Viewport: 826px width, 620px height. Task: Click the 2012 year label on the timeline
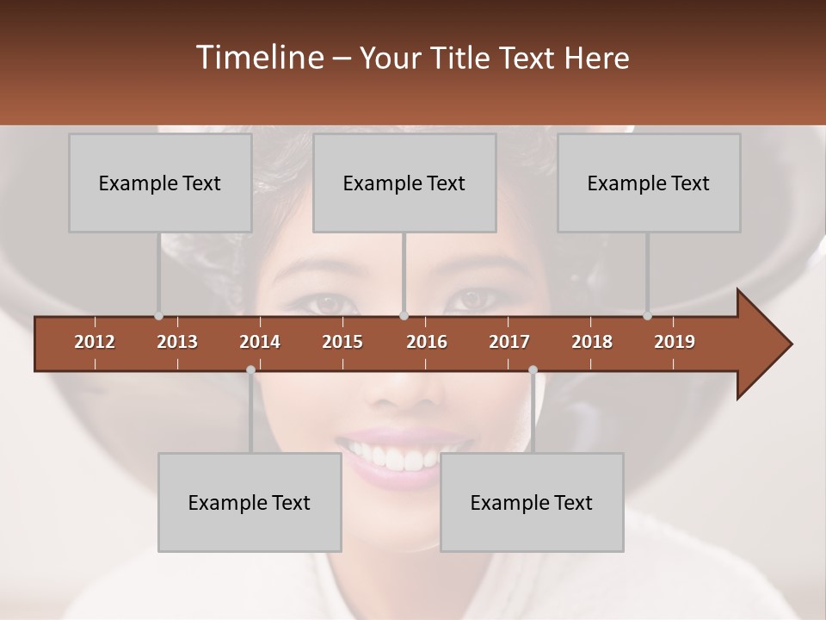[95, 342]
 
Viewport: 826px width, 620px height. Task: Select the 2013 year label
[177, 342]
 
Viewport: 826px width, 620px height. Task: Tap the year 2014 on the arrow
[260, 342]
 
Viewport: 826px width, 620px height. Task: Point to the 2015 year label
[342, 342]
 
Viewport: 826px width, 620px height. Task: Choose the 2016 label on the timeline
[427, 342]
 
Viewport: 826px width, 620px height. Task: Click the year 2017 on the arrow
[509, 342]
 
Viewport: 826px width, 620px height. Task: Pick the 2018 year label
[592, 342]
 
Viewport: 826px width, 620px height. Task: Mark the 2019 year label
[675, 342]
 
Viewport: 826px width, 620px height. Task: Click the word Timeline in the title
[258, 58]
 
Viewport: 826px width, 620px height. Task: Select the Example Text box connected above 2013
[160, 183]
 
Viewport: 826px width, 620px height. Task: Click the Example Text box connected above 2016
[404, 183]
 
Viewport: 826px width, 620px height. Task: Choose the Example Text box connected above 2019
[649, 183]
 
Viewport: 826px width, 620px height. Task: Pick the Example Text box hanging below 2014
[250, 502]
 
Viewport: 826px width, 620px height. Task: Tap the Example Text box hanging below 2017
[532, 502]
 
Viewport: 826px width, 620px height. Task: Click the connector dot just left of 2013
[159, 316]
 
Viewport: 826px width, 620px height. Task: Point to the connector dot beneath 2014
[250, 369]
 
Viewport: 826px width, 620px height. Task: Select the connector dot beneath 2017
[533, 369]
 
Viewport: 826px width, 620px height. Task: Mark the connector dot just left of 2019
[648, 316]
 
